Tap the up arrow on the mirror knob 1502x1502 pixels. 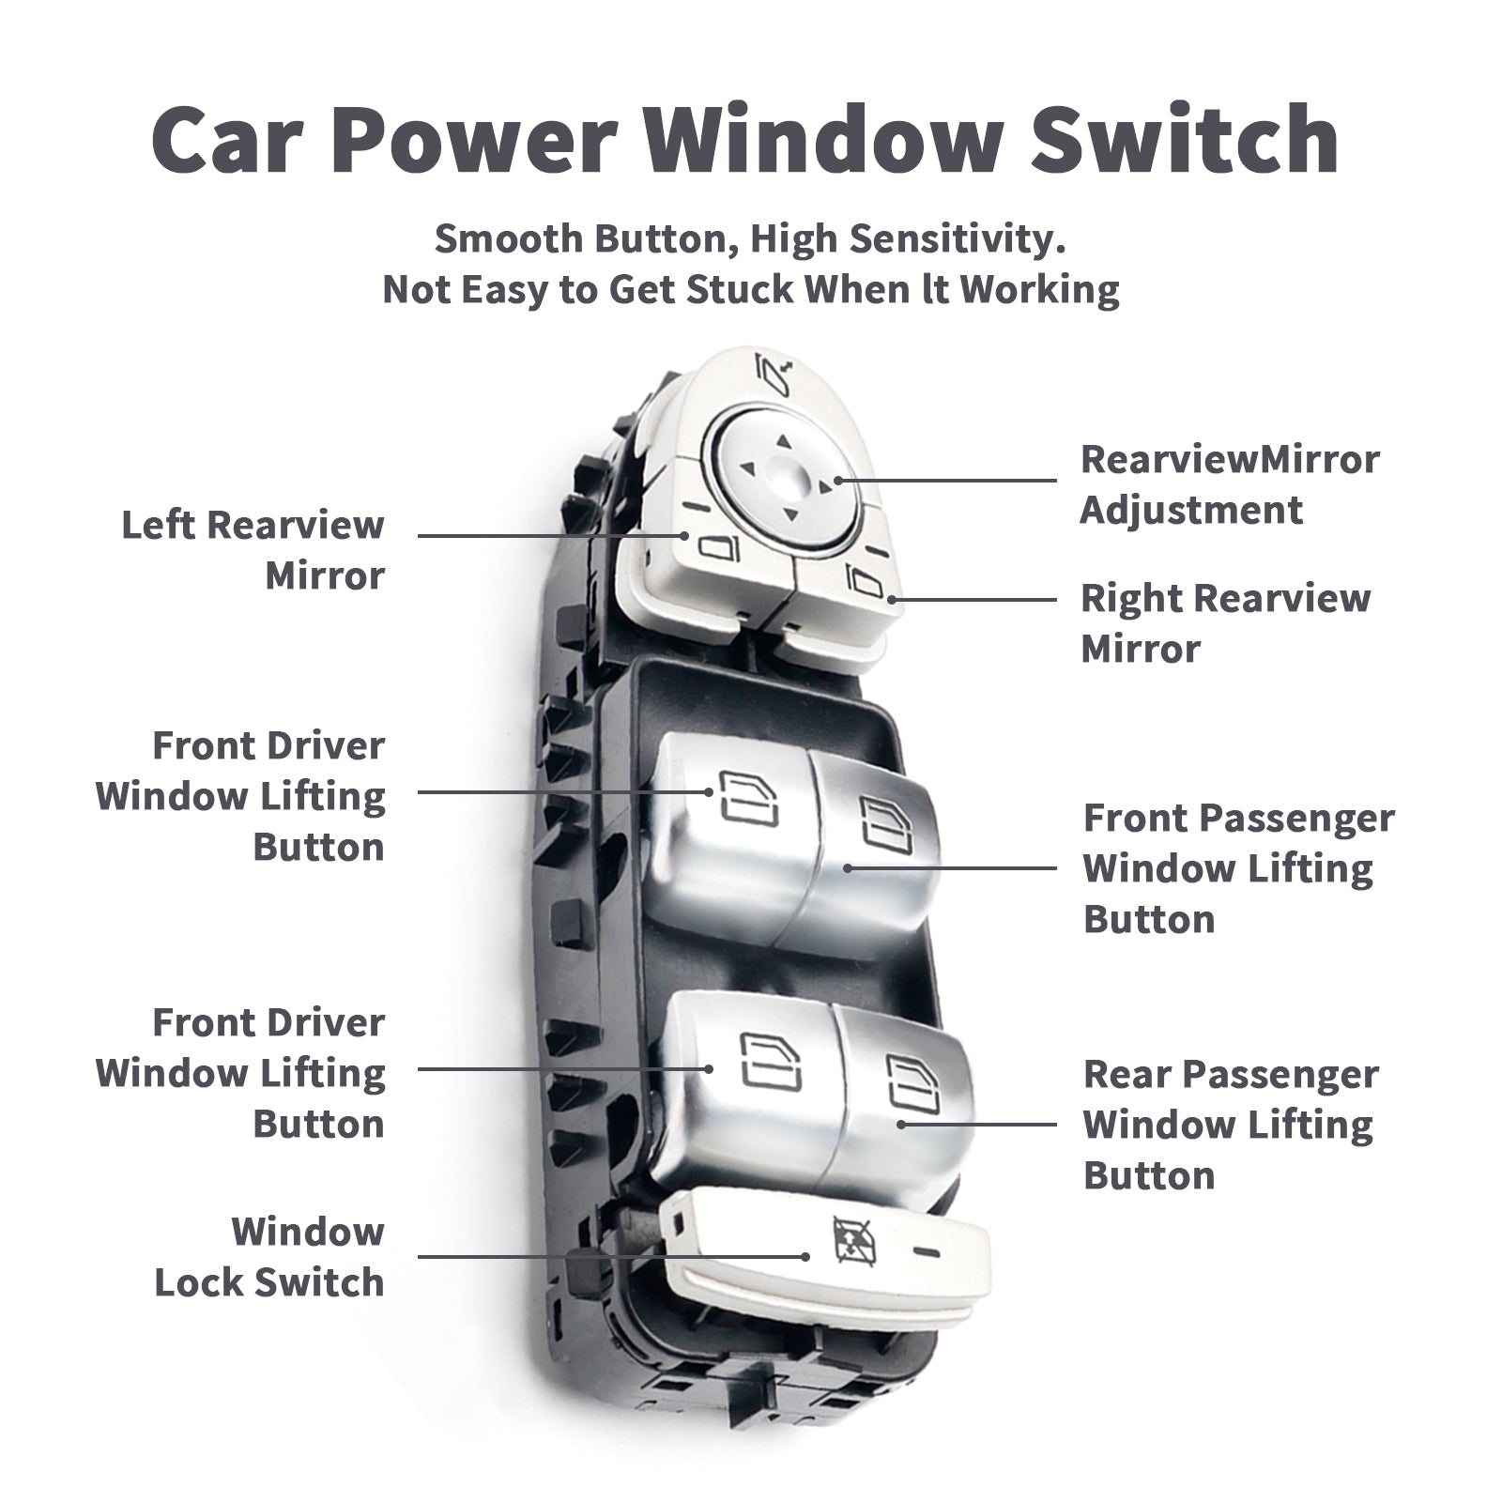[x=784, y=439]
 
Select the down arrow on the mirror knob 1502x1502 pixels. [x=788, y=513]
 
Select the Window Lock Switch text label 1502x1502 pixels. [x=269, y=1256]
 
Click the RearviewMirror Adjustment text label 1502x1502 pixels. [x=1229, y=484]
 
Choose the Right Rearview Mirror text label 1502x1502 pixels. [x=1225, y=623]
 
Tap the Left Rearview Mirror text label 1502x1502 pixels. [x=253, y=550]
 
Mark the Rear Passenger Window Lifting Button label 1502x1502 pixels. [x=1230, y=1125]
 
